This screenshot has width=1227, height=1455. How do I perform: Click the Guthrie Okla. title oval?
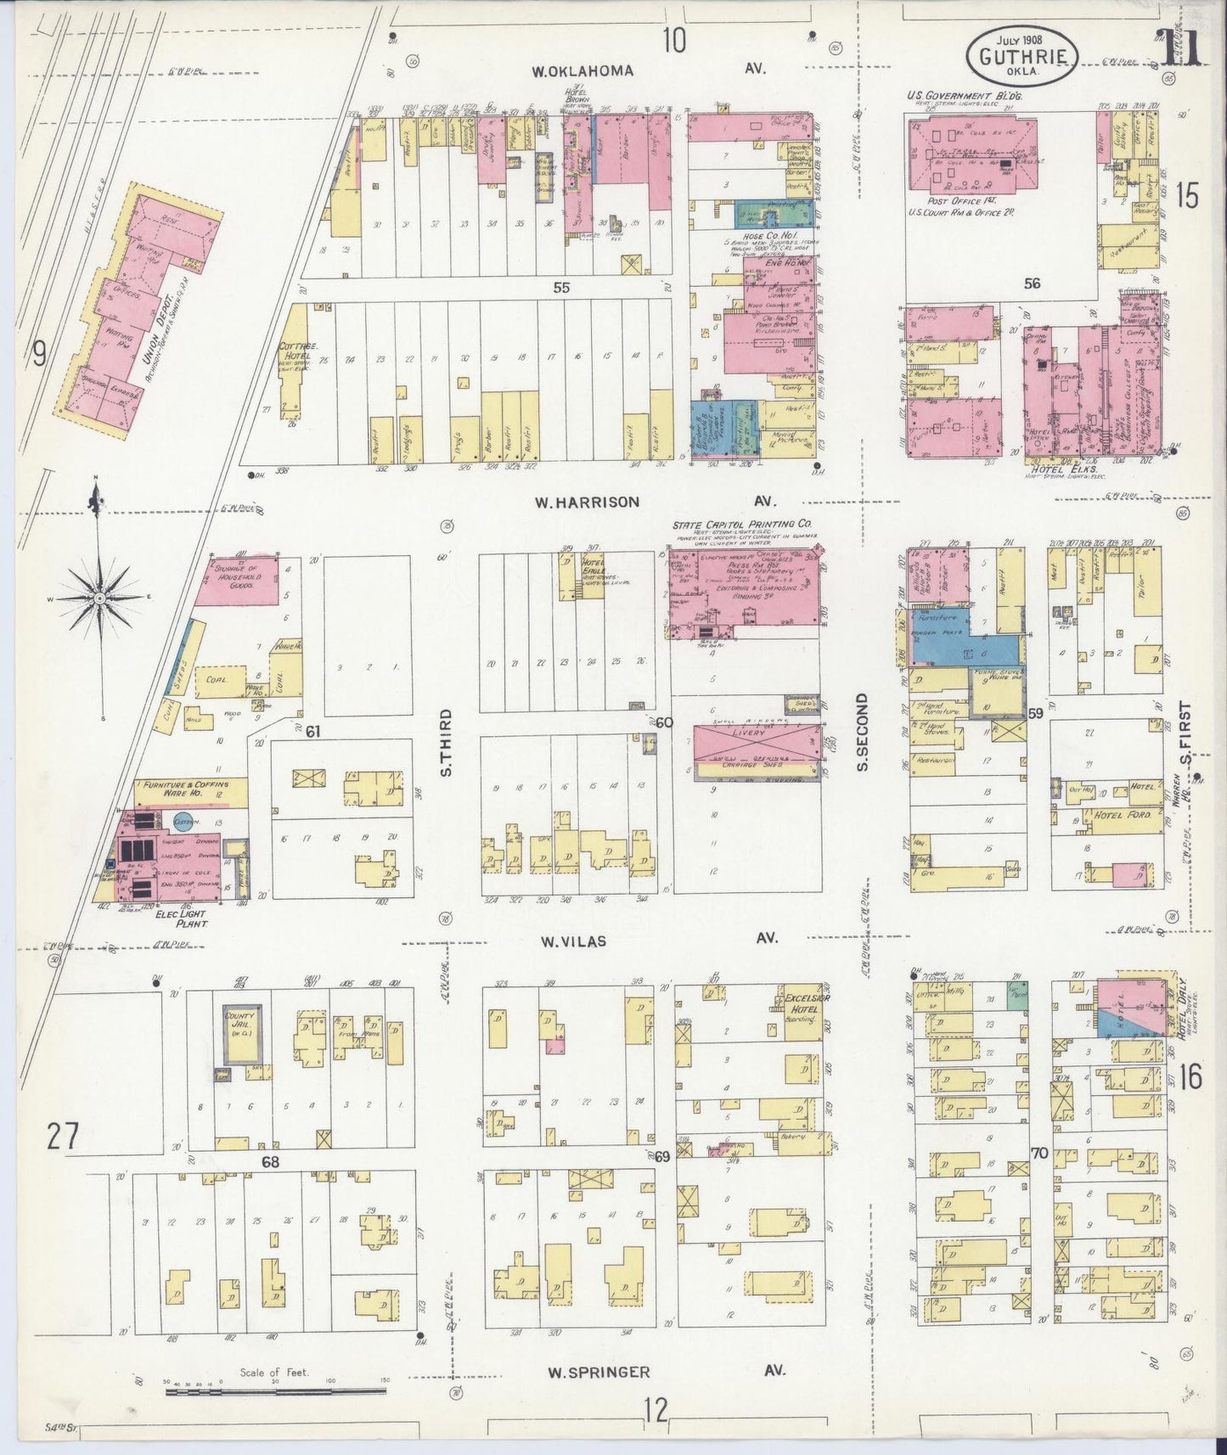click(x=1022, y=55)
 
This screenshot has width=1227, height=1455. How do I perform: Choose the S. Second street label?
click(x=863, y=732)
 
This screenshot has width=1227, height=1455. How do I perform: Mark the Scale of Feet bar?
click(x=275, y=1390)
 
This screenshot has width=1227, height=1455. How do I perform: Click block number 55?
click(x=560, y=288)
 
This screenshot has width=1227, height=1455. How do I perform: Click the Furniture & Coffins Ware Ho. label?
click(x=183, y=789)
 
